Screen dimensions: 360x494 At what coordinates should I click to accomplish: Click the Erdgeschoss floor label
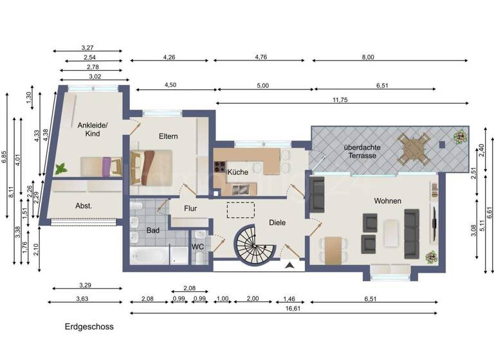click(x=89, y=327)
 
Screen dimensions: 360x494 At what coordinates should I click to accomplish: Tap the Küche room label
click(x=237, y=172)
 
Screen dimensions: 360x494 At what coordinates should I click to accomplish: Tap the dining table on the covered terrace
click(x=414, y=148)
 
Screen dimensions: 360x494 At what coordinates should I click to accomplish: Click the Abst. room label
click(x=84, y=206)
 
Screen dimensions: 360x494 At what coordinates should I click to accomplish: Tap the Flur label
click(x=191, y=208)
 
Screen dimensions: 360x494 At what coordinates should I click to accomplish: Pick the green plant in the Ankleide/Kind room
click(x=61, y=169)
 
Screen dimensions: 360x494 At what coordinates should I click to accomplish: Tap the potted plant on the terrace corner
click(x=460, y=136)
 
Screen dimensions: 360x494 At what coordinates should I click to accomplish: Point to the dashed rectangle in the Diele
click(x=240, y=210)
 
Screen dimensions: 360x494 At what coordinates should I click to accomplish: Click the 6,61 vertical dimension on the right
click(x=489, y=212)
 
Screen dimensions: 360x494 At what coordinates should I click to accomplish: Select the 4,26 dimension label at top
click(x=170, y=57)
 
